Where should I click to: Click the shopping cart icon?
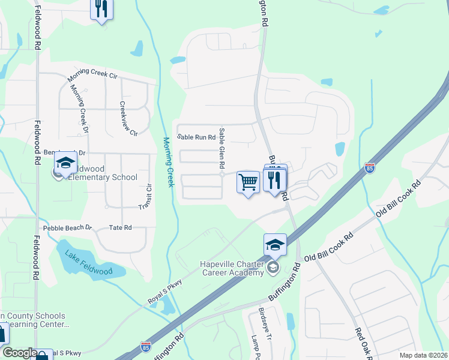click(248, 181)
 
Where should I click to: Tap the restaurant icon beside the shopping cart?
click(276, 180)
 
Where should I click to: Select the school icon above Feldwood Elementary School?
click(65, 163)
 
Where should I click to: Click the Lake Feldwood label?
click(89, 263)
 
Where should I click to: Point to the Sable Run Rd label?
click(196, 137)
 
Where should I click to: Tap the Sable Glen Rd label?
click(222, 148)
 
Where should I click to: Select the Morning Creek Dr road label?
click(79, 109)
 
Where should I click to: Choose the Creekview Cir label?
click(128, 118)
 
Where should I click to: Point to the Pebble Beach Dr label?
click(67, 228)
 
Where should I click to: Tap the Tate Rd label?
click(120, 228)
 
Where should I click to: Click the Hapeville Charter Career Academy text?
click(232, 269)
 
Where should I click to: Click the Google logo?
click(20, 353)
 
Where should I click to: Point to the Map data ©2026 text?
click(423, 355)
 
